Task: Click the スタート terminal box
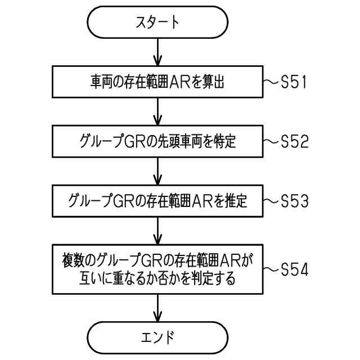[x=157, y=23]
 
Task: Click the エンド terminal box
[x=157, y=337]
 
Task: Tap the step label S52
[x=294, y=142]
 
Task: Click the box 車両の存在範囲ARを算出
[x=157, y=82]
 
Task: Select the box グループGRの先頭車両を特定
[x=157, y=142]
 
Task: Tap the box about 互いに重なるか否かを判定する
[x=157, y=269]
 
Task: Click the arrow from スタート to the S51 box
[x=157, y=53]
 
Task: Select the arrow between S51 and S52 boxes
[x=157, y=112]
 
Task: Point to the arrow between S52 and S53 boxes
[x=157, y=172]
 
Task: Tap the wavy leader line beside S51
[x=272, y=82]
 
